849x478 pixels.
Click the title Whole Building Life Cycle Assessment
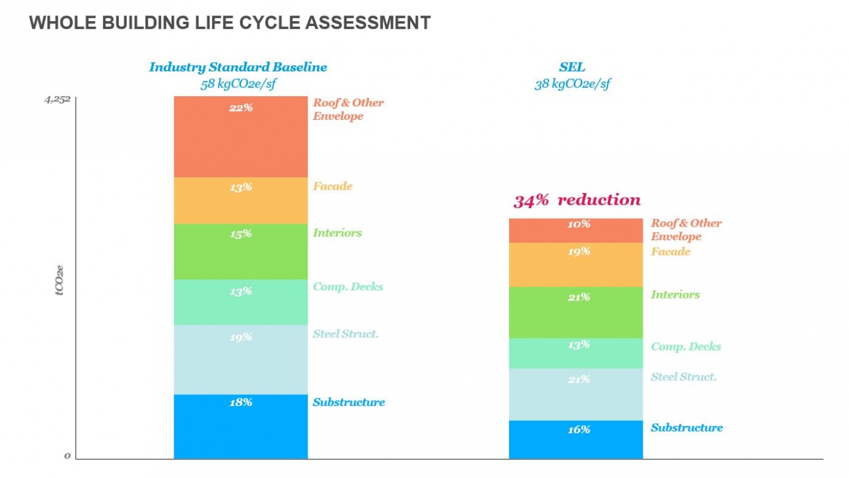[x=229, y=23]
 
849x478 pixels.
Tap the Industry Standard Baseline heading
[x=237, y=67]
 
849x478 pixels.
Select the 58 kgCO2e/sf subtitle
[x=237, y=84]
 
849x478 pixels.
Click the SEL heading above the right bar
[x=572, y=67]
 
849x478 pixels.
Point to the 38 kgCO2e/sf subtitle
[x=572, y=84]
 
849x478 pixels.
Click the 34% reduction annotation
[x=576, y=200]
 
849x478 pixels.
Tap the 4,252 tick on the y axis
[x=57, y=99]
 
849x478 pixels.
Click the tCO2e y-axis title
[x=60, y=280]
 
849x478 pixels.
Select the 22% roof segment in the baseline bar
[x=241, y=137]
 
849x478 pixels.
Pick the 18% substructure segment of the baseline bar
[x=241, y=426]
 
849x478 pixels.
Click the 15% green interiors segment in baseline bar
[x=241, y=251]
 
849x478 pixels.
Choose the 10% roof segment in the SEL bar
[x=576, y=230]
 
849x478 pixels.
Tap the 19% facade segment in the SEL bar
[x=576, y=264]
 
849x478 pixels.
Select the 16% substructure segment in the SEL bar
[x=576, y=440]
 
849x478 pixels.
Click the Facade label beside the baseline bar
[x=333, y=186]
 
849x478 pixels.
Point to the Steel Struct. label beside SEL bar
[x=684, y=377]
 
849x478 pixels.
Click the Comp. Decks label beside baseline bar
[x=347, y=287]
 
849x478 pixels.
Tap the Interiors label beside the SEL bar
[x=675, y=295]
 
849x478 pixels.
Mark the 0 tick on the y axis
[x=68, y=456]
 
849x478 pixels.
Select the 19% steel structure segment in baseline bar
[x=241, y=359]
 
